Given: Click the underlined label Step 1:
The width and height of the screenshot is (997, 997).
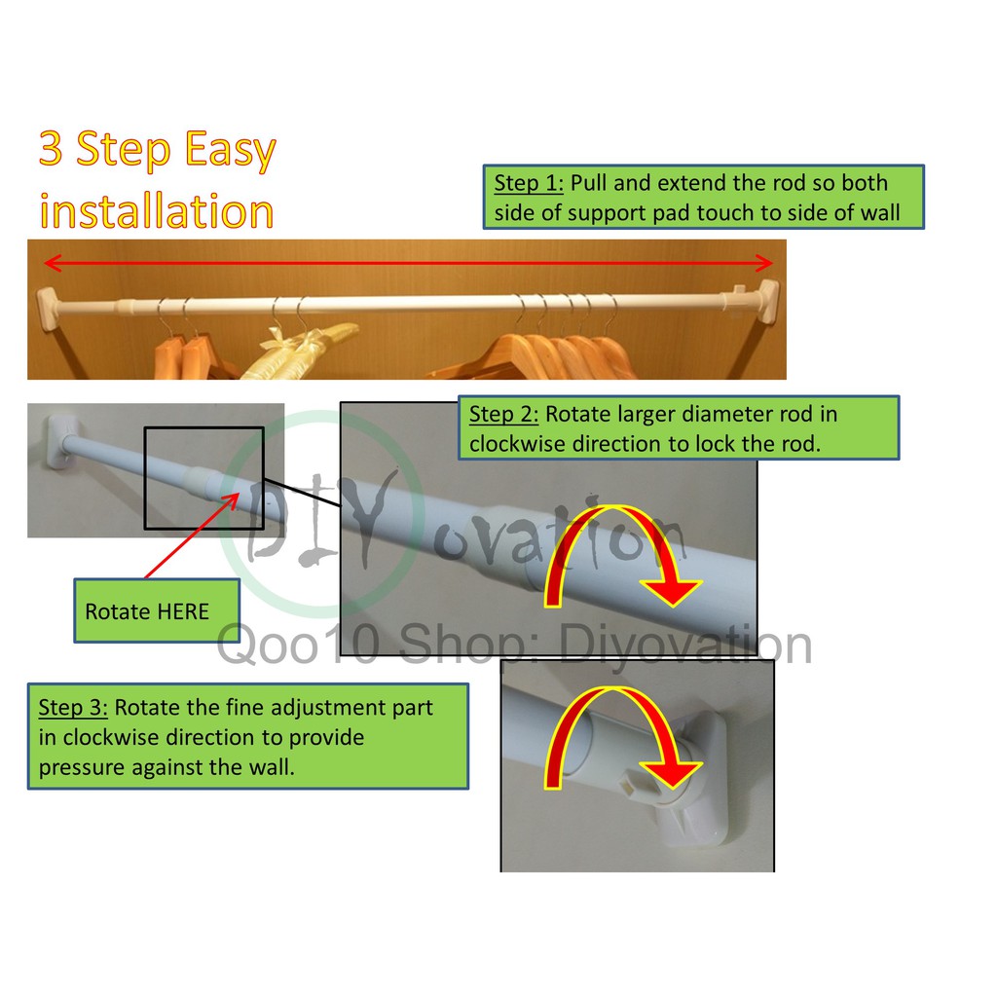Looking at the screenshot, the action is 529,184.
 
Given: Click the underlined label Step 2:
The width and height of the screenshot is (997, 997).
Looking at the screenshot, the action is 503,415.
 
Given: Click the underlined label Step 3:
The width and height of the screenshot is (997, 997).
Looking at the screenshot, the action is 73,708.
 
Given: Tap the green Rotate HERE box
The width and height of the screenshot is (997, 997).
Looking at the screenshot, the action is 157,610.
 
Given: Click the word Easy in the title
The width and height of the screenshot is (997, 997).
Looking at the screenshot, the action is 231,149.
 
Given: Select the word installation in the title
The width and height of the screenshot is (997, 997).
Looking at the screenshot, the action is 157,211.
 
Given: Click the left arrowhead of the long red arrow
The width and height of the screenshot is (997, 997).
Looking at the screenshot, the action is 53,263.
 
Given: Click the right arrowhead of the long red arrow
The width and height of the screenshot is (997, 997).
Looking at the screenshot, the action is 763,263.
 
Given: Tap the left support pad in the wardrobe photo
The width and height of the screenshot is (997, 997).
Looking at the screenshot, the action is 47,309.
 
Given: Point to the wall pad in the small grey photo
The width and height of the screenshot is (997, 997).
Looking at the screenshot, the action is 58,442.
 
